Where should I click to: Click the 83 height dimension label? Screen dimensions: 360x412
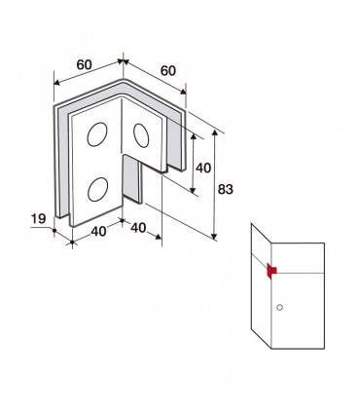[x=225, y=189]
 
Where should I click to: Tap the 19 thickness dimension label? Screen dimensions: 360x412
[x=38, y=218]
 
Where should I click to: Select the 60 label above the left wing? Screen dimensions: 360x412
[x=85, y=64]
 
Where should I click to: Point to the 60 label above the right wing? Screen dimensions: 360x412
[x=168, y=70]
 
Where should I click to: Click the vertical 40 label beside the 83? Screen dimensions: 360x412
[x=203, y=168]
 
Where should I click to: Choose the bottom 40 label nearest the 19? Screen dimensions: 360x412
[x=98, y=231]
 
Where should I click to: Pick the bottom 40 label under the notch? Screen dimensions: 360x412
[x=138, y=228]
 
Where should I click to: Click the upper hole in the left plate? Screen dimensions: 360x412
[x=97, y=134]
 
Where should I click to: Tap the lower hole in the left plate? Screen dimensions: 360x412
[x=97, y=189]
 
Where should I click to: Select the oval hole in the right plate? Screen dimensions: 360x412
[x=141, y=135]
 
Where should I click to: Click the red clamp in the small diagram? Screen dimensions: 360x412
[x=271, y=271]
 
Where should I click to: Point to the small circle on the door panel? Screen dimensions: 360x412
[x=279, y=307]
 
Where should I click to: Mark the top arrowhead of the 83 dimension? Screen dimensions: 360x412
[x=214, y=132]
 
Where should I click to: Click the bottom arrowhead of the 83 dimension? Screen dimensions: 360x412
[x=214, y=236]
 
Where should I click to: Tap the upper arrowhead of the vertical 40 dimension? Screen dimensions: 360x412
[x=194, y=136]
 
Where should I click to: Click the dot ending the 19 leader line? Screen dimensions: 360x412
[x=54, y=230]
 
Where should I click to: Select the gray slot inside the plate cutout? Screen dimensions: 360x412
[x=132, y=179]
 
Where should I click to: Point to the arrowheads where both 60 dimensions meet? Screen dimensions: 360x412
[x=123, y=61]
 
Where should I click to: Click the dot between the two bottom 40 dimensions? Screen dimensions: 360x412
[x=122, y=220]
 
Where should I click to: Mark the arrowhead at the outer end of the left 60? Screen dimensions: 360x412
[x=56, y=83]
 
